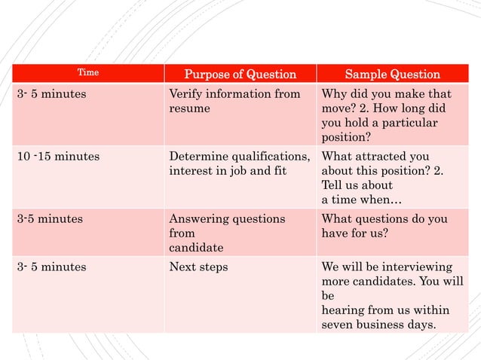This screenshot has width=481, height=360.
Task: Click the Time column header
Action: [89, 73]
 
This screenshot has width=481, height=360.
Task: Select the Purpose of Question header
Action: [240, 74]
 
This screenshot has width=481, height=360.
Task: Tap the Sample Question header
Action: [392, 74]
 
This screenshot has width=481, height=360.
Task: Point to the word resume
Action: [189, 109]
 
